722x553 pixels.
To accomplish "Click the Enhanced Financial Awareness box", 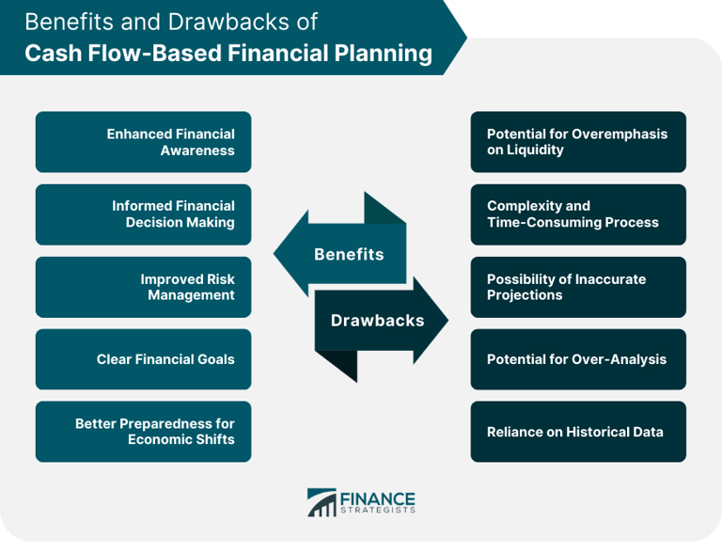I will (x=143, y=142).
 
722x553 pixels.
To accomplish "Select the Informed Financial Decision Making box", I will (x=143, y=214).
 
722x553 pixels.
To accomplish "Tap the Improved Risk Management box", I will (x=143, y=287).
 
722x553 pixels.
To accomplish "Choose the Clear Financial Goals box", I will (x=143, y=359).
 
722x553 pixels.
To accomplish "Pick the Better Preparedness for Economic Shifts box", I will (x=143, y=432).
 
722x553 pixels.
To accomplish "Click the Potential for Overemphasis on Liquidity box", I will (x=578, y=142).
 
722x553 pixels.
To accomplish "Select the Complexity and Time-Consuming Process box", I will (x=578, y=214).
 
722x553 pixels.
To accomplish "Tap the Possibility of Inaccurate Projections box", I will (x=578, y=287).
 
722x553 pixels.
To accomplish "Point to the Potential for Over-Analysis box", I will (x=578, y=359).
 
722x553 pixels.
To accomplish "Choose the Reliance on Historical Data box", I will (x=578, y=432).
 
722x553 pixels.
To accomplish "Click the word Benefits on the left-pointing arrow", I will (x=349, y=254).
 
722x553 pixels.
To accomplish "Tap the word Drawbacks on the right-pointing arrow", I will (x=377, y=320).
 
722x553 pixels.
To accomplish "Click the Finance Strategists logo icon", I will (x=322, y=502).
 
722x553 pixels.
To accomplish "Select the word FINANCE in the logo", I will (x=377, y=498).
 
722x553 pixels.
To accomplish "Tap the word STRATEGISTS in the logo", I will (x=377, y=511).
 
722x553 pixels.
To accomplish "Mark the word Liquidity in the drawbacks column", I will (x=537, y=150).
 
